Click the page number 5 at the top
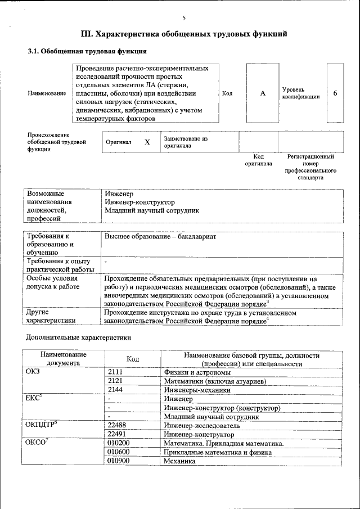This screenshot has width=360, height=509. pyautogui.click(x=184, y=18)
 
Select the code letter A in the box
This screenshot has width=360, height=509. pyautogui.click(x=262, y=93)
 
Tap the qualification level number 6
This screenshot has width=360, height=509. pyautogui.click(x=335, y=93)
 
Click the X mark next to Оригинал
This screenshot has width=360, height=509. pyautogui.click(x=147, y=142)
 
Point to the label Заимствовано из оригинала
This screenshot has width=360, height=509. pyautogui.click(x=186, y=142)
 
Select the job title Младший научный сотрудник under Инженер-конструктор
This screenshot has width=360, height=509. pyautogui.click(x=152, y=211)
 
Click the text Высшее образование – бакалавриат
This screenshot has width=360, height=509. pyautogui.click(x=160, y=237)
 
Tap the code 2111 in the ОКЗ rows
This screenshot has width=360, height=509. pyautogui.click(x=115, y=372)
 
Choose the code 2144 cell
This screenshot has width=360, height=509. pyautogui.click(x=115, y=389)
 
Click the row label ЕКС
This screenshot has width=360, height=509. pyautogui.click(x=34, y=398)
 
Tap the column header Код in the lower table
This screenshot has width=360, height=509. pyautogui.click(x=133, y=359)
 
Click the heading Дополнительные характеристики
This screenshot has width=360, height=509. pyautogui.click(x=79, y=339)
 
